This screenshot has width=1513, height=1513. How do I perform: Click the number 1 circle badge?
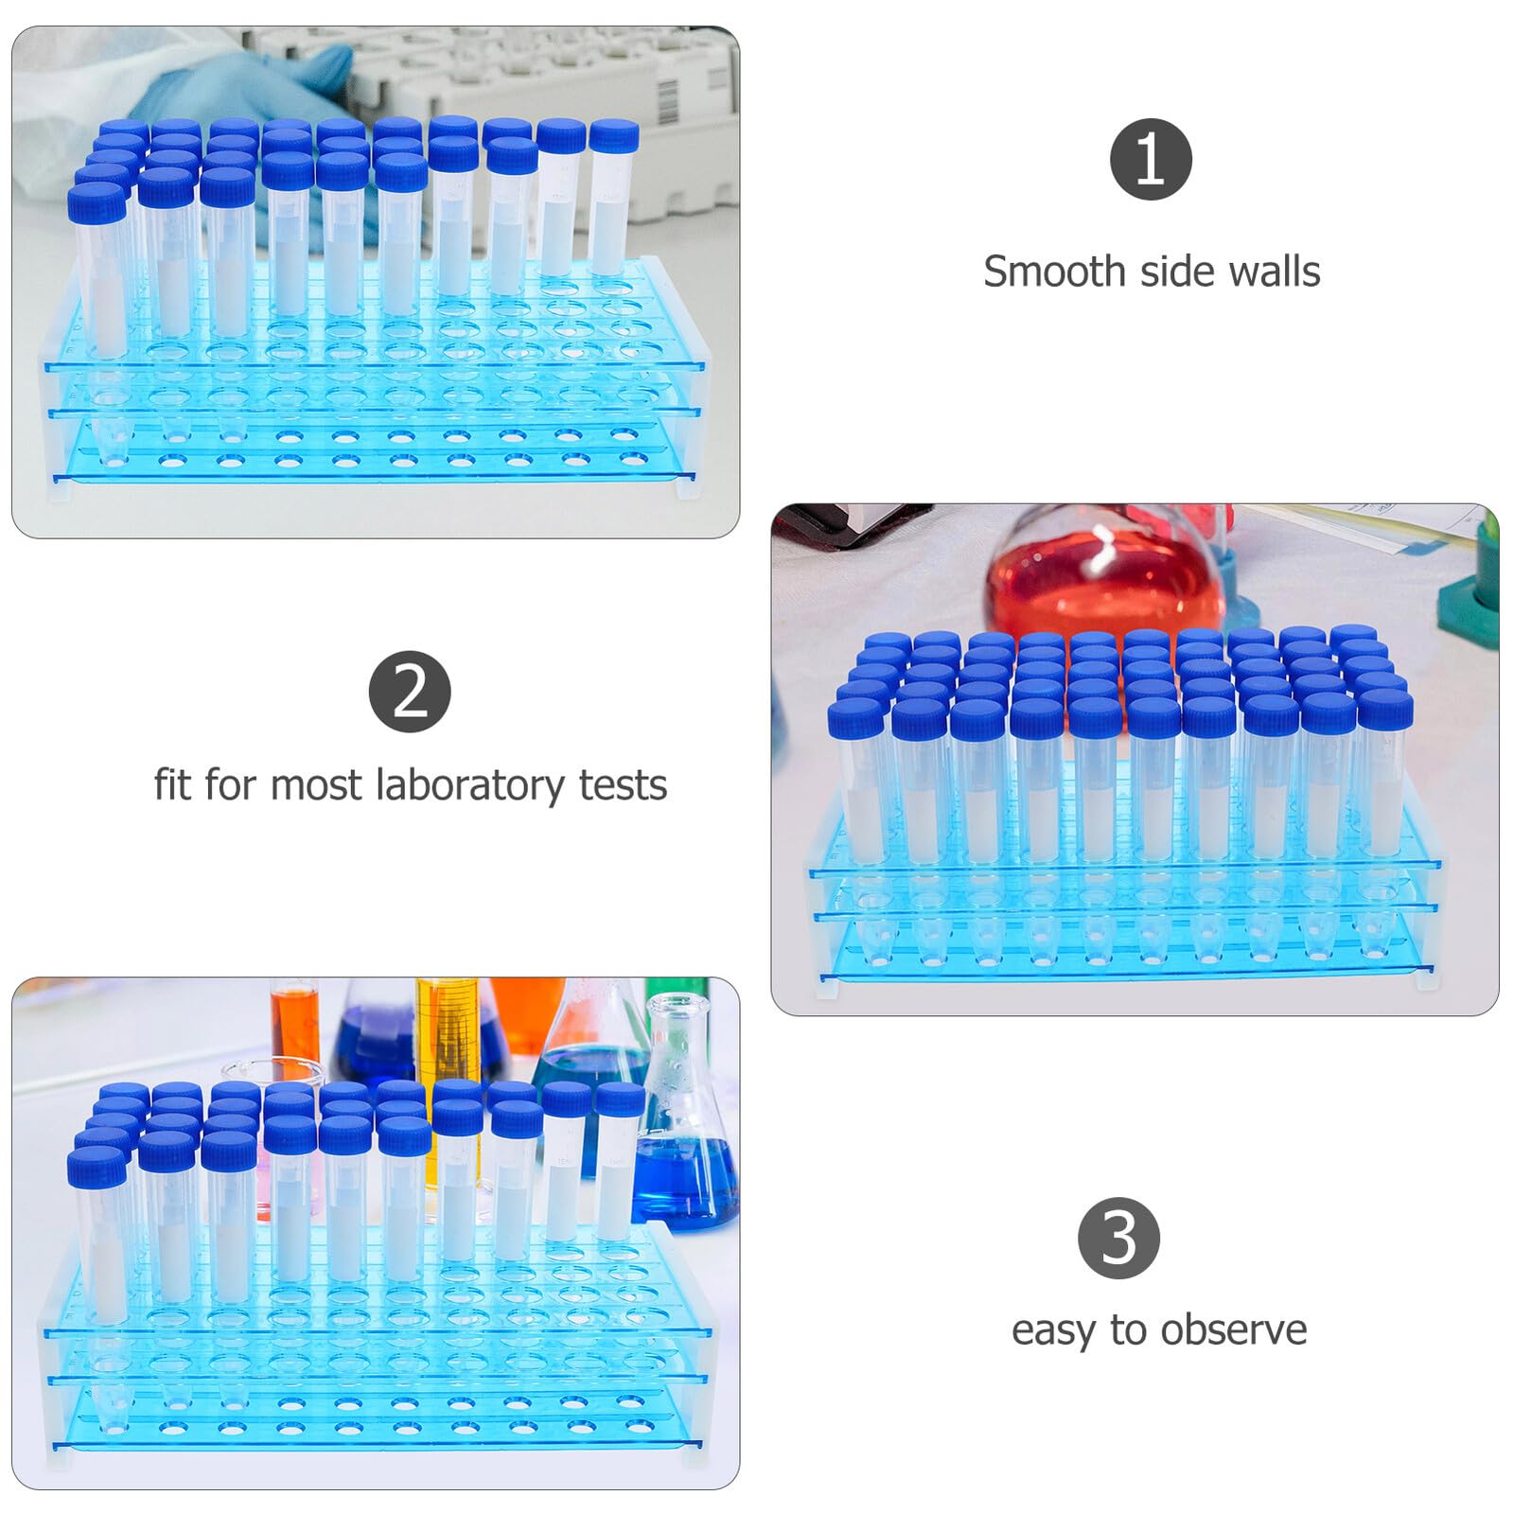(1151, 159)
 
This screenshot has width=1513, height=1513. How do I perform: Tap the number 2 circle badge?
(410, 692)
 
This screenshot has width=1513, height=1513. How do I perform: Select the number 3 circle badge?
(1118, 1238)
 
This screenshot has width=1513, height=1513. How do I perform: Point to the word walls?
(1274, 272)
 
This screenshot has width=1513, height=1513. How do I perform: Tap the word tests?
(623, 786)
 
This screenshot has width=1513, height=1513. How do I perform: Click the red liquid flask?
(1105, 575)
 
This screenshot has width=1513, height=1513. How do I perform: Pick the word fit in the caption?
(173, 784)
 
